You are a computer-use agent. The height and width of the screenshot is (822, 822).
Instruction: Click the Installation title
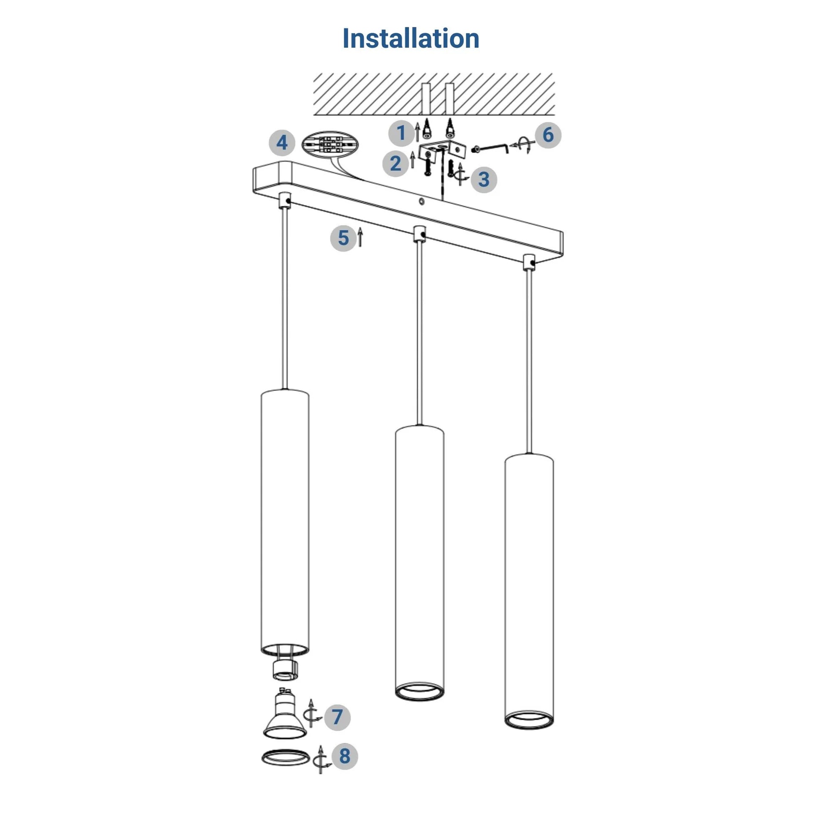[x=411, y=38]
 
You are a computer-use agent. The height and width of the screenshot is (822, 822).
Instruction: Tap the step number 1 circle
[x=401, y=133]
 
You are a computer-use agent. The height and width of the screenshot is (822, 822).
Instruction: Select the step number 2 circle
[x=395, y=163]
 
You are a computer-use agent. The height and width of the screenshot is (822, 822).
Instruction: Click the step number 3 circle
[x=484, y=179]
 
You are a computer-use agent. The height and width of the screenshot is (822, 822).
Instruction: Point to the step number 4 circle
[x=282, y=142]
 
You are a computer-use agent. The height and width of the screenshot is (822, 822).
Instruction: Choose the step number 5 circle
[x=343, y=238]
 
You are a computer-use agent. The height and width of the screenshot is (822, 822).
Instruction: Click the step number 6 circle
[x=548, y=135]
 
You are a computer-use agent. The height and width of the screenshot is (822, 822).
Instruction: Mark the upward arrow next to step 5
[x=360, y=237]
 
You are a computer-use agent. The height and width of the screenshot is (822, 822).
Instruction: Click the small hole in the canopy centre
[x=421, y=201]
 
